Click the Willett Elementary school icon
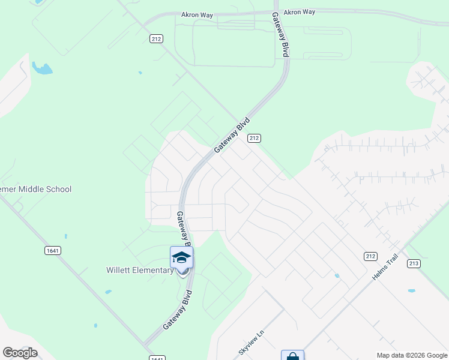tap(181, 258)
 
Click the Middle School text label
tap(36, 189)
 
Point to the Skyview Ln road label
tap(252, 341)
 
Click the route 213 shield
tap(414, 263)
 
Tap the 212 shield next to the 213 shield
tap(370, 256)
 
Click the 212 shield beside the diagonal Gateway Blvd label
tap(254, 138)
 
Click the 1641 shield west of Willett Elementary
tap(52, 250)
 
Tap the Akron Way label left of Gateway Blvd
tap(197, 14)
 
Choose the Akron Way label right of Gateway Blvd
tap(299, 11)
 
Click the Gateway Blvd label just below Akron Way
tap(281, 35)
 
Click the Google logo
tap(20, 352)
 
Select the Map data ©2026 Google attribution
tap(411, 355)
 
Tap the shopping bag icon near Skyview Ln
tap(292, 356)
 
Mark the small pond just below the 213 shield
tap(411, 291)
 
